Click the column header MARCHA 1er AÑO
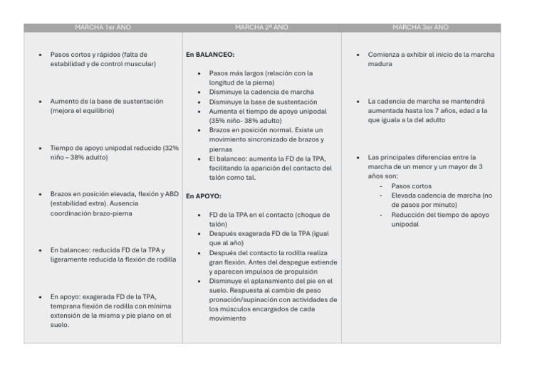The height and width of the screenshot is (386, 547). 103,28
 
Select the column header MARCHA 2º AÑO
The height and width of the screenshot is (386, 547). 261,28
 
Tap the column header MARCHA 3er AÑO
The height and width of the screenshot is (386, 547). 420,28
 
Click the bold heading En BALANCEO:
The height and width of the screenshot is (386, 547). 210,54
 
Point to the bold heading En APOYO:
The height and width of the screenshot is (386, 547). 204,195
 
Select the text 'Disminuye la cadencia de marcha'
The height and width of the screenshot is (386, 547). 261,92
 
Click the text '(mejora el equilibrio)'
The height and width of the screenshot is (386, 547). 82,111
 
